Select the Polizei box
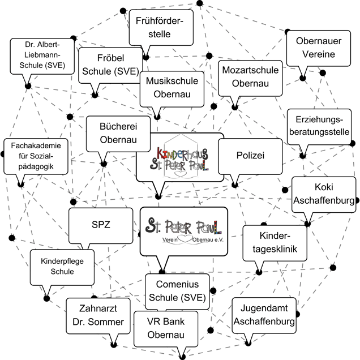[250, 155]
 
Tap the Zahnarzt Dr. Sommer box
[95, 315]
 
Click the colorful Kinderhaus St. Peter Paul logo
[180, 157]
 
